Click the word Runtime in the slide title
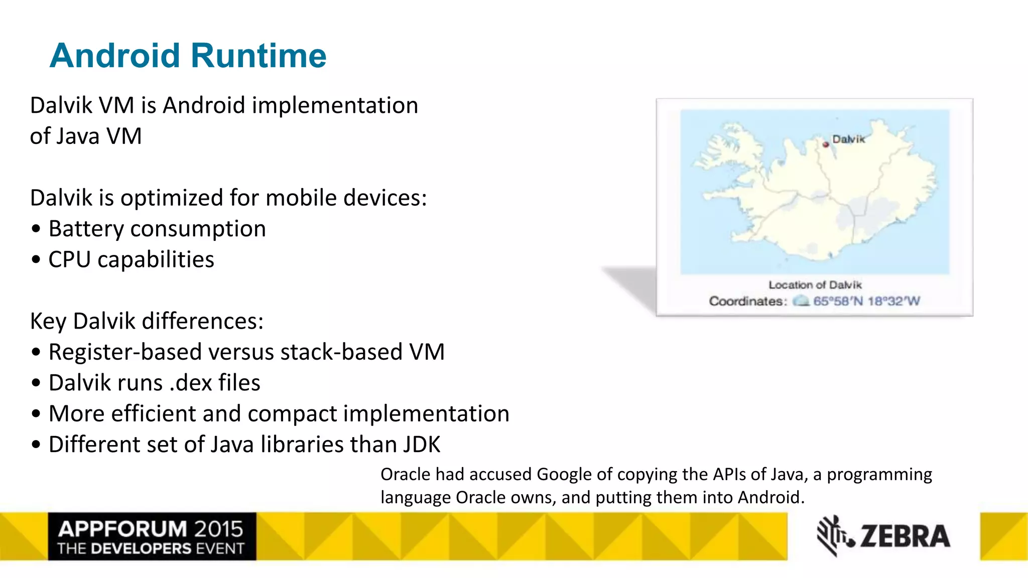(259, 56)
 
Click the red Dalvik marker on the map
(826, 144)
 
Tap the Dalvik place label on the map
(849, 139)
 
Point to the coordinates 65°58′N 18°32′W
(866, 301)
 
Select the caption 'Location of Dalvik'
(815, 285)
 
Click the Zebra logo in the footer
(883, 536)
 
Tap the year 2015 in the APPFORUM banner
(219, 529)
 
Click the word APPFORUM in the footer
(122, 529)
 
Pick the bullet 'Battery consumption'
(157, 229)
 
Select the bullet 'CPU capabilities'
(131, 260)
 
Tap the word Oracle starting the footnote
(405, 474)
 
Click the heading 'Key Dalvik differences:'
(147, 321)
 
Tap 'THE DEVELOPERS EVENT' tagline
(151, 548)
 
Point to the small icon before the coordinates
(801, 301)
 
